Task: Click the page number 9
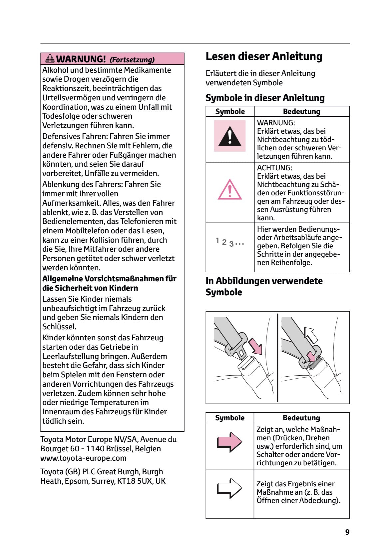[347, 532]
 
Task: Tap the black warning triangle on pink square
[229, 136]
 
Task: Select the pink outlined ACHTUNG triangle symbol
[229, 190]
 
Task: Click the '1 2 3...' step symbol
[229, 242]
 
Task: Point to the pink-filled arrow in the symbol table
[229, 442]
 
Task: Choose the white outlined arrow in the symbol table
[229, 488]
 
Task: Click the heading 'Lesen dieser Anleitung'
[264, 56]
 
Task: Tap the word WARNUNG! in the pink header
[81, 59]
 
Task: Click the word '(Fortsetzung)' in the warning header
[132, 60]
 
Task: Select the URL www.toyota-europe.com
[83, 458]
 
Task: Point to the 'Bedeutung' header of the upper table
[301, 112]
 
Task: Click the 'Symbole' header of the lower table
[229, 418]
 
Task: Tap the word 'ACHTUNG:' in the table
[274, 168]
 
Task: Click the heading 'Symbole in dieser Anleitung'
[265, 98]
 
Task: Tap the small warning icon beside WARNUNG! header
[50, 59]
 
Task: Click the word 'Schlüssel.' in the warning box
[59, 327]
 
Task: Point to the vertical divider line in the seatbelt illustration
[277, 357]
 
